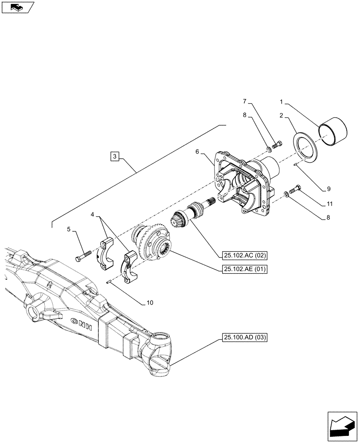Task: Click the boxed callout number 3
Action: [x=115, y=156]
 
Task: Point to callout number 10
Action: [x=149, y=303]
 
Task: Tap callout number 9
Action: [x=329, y=189]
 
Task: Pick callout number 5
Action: [x=69, y=229]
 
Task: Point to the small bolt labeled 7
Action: [x=278, y=144]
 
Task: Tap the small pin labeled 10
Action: [x=109, y=281]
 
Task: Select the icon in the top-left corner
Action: [x=17, y=7]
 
